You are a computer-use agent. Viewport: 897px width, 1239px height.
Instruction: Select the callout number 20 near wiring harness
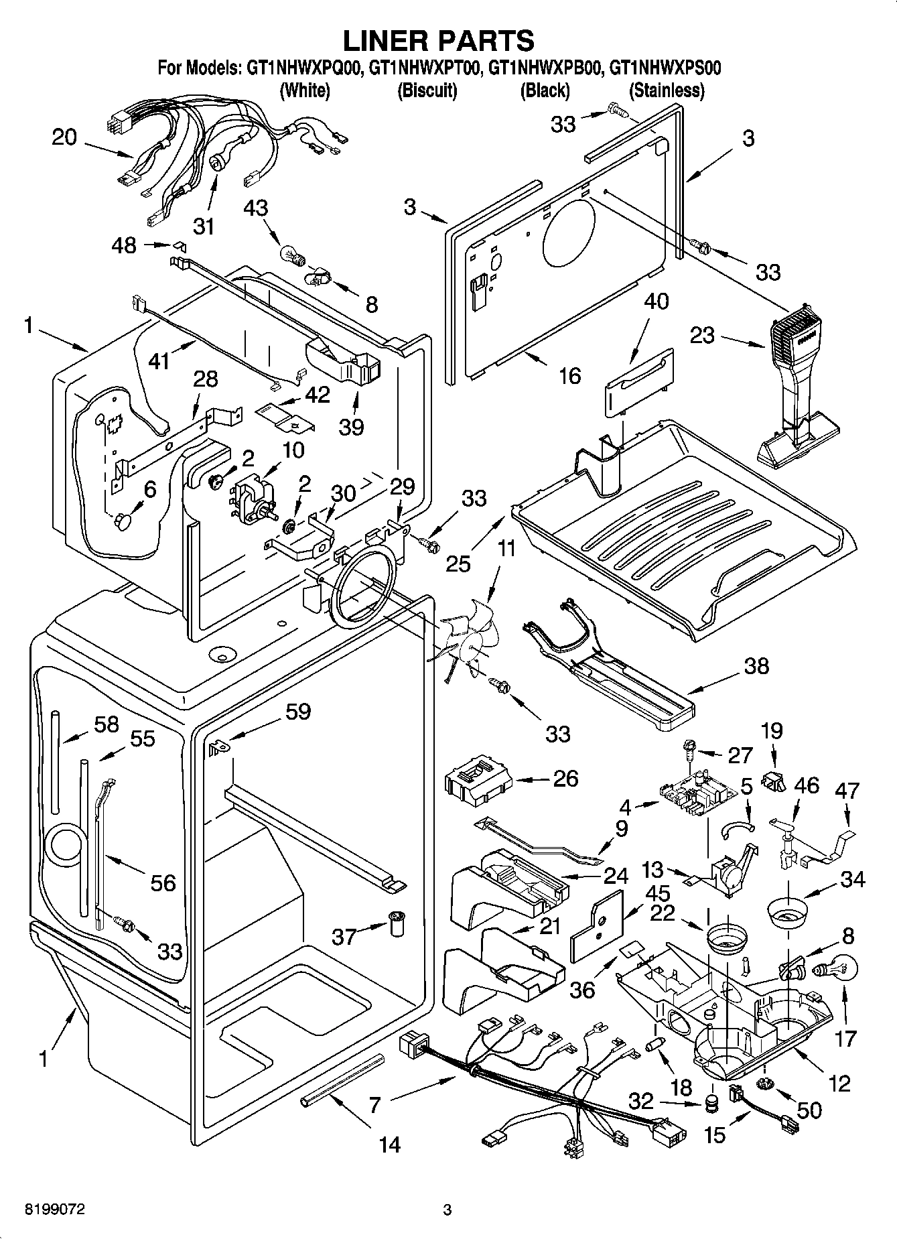point(64,137)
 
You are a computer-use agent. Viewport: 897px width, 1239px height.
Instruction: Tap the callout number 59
point(297,711)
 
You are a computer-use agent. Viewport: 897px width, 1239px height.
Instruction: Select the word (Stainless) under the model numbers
point(667,90)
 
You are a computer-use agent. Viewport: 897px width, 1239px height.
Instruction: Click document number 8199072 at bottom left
point(54,1210)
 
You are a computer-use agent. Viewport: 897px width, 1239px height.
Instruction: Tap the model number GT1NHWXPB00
point(547,68)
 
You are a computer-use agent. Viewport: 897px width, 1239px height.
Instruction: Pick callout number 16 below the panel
point(569,375)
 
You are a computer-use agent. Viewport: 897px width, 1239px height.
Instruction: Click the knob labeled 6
point(126,520)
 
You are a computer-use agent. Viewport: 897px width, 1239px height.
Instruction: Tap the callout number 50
point(809,1110)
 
